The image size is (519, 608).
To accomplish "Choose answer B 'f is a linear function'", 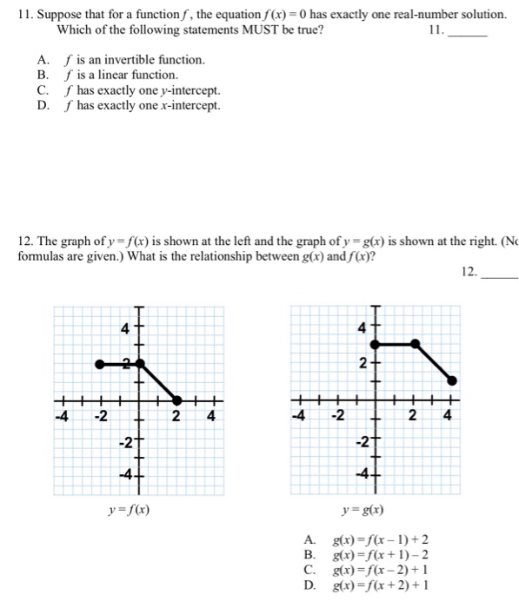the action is (x=127, y=76).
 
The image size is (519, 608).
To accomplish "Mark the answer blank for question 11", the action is (x=471, y=30).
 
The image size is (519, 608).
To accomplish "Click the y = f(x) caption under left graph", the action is (x=128, y=510).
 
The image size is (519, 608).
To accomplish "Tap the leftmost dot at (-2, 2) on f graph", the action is (x=100, y=363).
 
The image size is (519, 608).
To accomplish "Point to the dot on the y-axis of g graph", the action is (x=376, y=344).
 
